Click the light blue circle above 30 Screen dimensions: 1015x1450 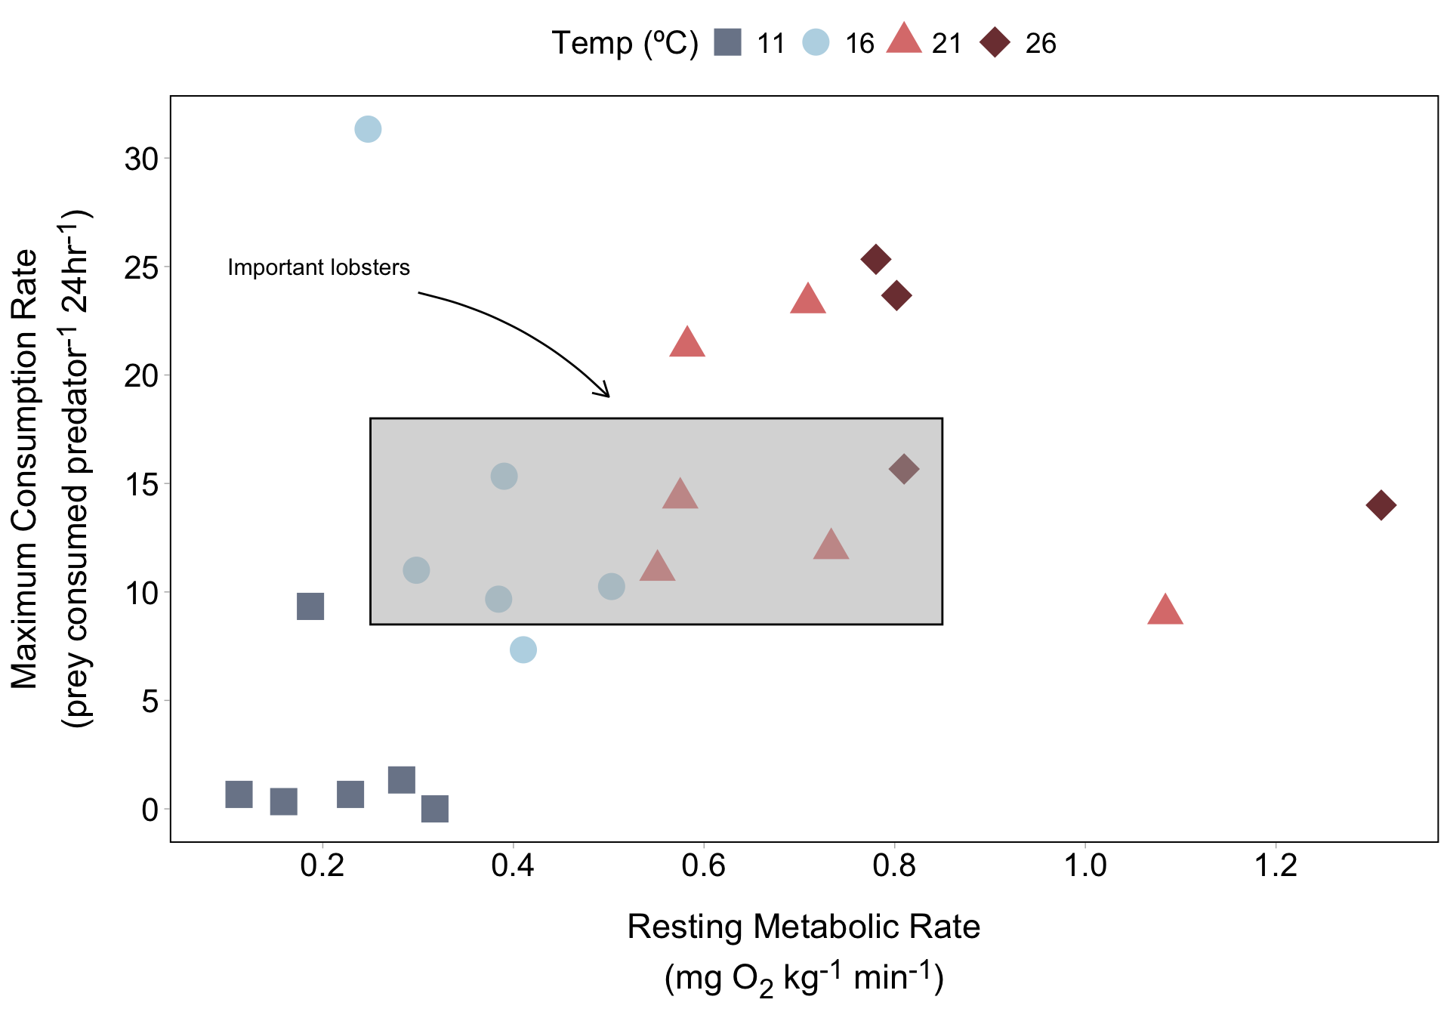point(368,129)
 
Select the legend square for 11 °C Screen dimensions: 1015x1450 point(728,42)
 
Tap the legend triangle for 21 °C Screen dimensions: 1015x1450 point(904,39)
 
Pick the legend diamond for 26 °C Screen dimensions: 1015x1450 point(995,42)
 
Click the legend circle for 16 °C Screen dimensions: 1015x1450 point(816,42)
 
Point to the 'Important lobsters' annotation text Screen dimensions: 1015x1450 point(318,267)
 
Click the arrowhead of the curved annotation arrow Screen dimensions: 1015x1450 point(606,393)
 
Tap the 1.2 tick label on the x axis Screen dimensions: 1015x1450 point(1276,865)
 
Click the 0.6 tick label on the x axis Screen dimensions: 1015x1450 point(704,865)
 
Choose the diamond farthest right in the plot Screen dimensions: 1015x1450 point(1381,504)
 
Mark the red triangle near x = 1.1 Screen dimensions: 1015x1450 point(1165,610)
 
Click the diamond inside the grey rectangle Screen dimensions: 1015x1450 point(904,469)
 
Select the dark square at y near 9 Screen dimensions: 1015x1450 point(310,606)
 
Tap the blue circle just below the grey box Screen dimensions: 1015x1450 point(523,649)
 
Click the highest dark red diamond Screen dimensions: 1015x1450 point(876,260)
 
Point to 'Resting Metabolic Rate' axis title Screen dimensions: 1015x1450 point(804,927)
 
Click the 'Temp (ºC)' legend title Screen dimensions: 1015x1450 point(625,43)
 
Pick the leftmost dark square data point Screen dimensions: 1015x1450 point(239,794)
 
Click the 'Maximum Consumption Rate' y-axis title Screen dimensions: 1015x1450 point(25,468)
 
